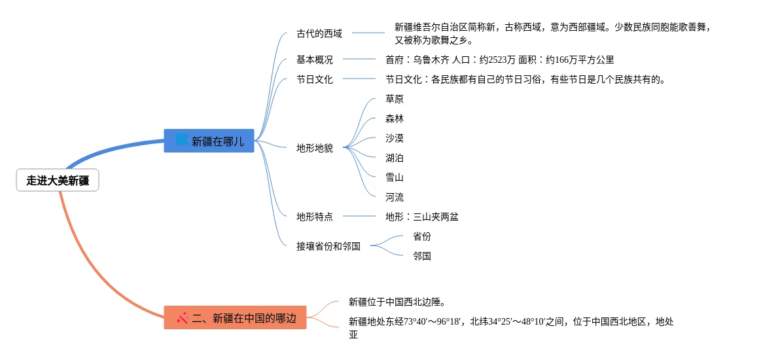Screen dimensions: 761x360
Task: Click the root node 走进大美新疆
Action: click(58, 181)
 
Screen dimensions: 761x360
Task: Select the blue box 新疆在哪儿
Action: click(209, 141)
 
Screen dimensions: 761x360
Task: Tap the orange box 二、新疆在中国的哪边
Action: click(235, 318)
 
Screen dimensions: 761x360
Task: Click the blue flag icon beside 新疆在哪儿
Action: click(181, 140)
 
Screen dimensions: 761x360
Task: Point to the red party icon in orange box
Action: click(182, 318)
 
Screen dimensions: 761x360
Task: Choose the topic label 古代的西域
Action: click(319, 33)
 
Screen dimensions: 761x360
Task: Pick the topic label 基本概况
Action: click(315, 60)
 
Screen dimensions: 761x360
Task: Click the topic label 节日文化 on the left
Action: click(315, 80)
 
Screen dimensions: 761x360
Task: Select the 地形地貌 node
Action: click(315, 149)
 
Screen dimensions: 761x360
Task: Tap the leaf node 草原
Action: click(394, 99)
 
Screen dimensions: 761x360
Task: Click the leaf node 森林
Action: click(394, 119)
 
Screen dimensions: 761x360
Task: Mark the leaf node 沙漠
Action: click(394, 138)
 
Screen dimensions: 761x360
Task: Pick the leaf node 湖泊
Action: click(394, 158)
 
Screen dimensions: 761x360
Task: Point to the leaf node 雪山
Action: click(394, 177)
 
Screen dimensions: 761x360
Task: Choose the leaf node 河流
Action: click(394, 198)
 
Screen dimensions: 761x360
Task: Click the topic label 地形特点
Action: click(315, 217)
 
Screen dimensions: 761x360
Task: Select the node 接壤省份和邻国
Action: click(328, 246)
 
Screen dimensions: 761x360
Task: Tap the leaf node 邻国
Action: click(422, 256)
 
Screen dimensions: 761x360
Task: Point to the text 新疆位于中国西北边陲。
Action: click(397, 302)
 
